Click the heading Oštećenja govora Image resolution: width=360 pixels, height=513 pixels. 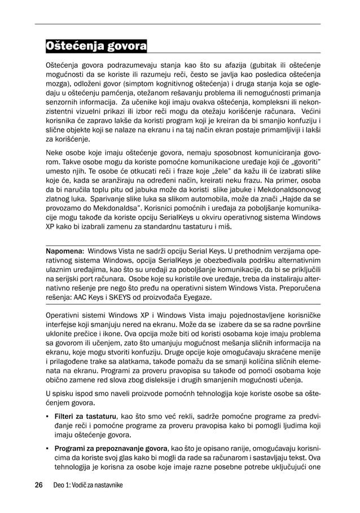click(96, 45)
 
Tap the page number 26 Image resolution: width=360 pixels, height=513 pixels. click(38, 485)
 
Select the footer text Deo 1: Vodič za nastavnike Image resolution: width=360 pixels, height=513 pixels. click(87, 485)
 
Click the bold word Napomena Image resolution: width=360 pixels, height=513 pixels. click(64, 250)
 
